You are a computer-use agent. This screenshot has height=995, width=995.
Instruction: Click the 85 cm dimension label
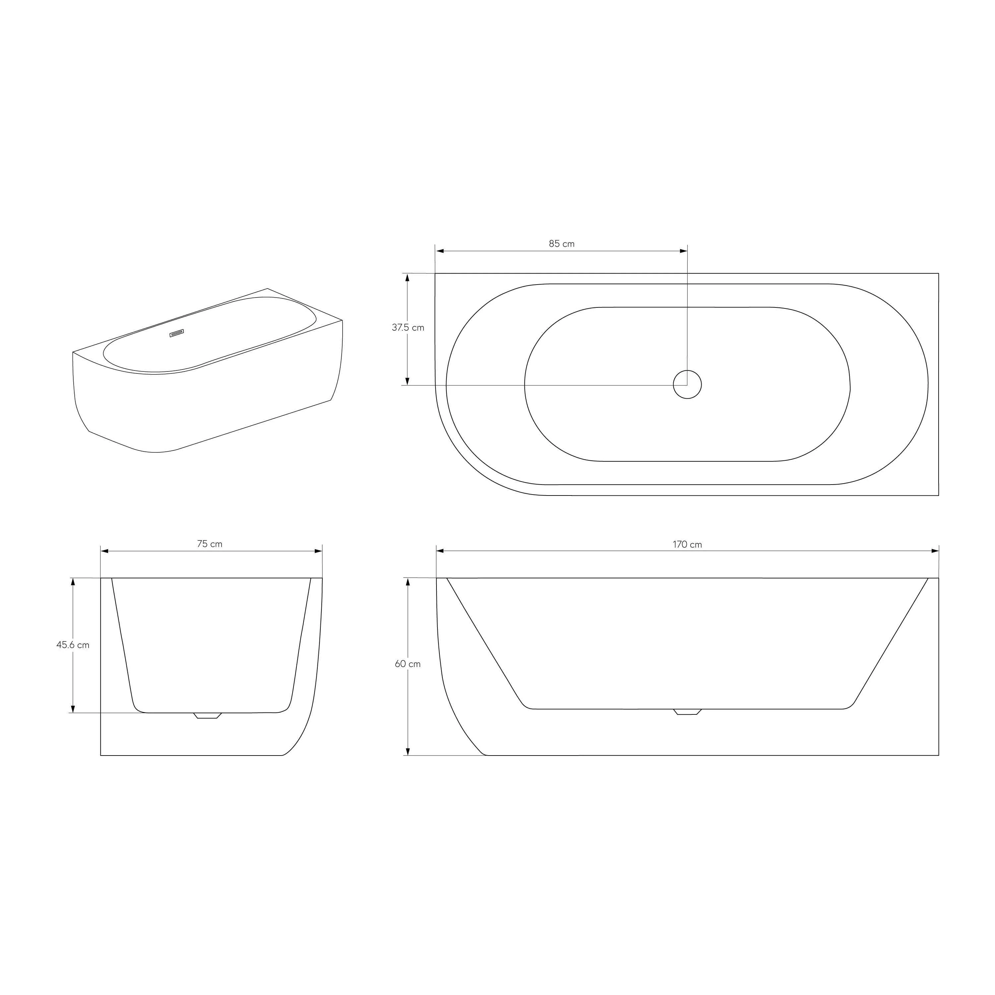pos(562,243)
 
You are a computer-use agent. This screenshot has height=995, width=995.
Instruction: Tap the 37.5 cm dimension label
pos(408,328)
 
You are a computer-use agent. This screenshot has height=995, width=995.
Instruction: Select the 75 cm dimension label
pos(210,544)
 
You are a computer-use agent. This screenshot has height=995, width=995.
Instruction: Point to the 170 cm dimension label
pos(687,544)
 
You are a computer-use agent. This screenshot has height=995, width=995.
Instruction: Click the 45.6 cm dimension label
pos(73,645)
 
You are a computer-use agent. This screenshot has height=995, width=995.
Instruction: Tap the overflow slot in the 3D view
pos(177,333)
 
